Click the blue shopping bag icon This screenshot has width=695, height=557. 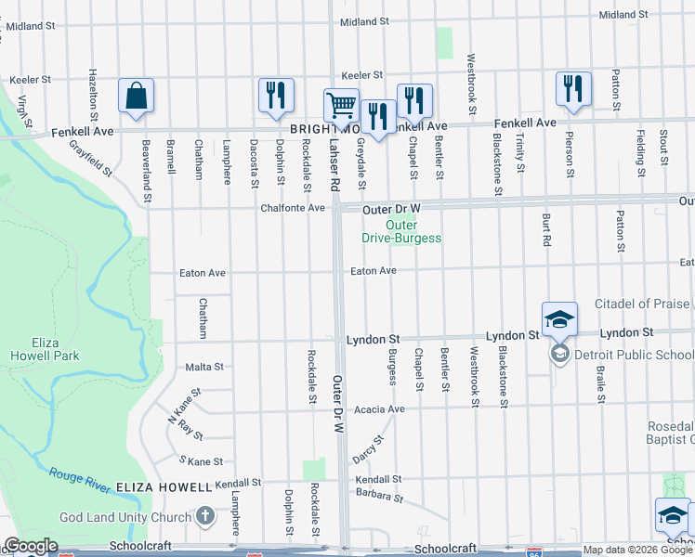point(136,96)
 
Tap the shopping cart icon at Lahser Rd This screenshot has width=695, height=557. point(341,106)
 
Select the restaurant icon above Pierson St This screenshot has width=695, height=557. point(573,89)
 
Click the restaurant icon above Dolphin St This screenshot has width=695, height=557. point(276,96)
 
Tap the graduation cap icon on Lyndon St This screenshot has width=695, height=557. point(559,319)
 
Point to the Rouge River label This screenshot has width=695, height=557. point(81,473)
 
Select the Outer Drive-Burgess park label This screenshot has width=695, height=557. point(401,231)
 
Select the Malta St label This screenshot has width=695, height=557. point(205,367)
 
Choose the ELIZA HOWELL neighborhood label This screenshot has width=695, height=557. point(164,486)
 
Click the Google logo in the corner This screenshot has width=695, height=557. point(31,546)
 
